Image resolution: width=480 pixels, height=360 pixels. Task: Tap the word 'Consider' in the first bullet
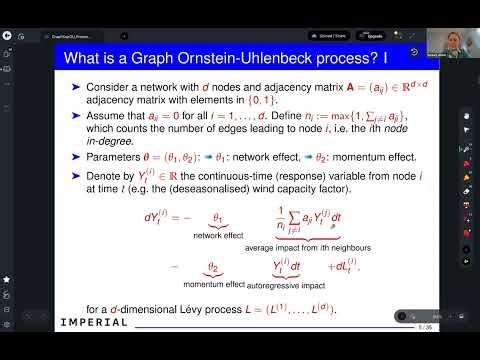[109, 87]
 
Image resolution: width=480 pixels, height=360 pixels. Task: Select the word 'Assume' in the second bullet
[107, 116]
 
